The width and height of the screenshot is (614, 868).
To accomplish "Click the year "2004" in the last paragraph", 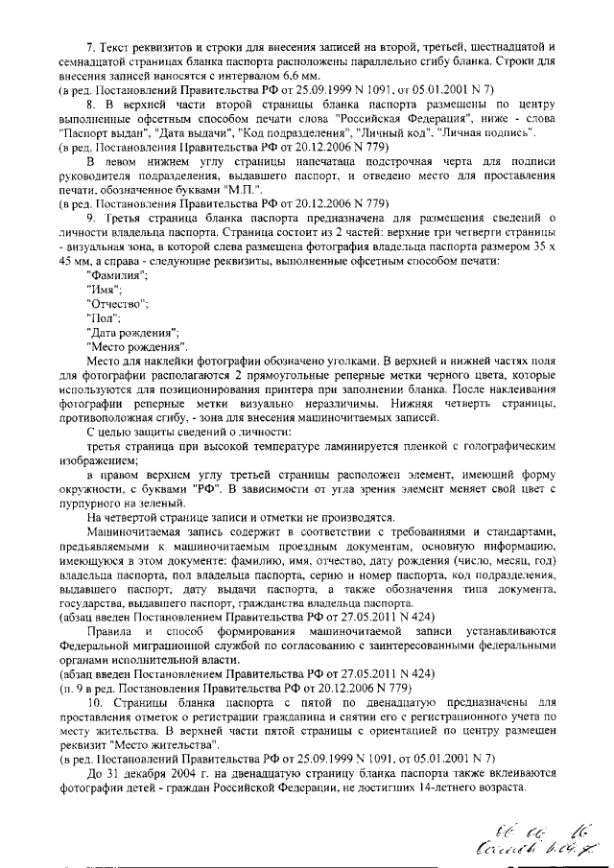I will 160,773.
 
